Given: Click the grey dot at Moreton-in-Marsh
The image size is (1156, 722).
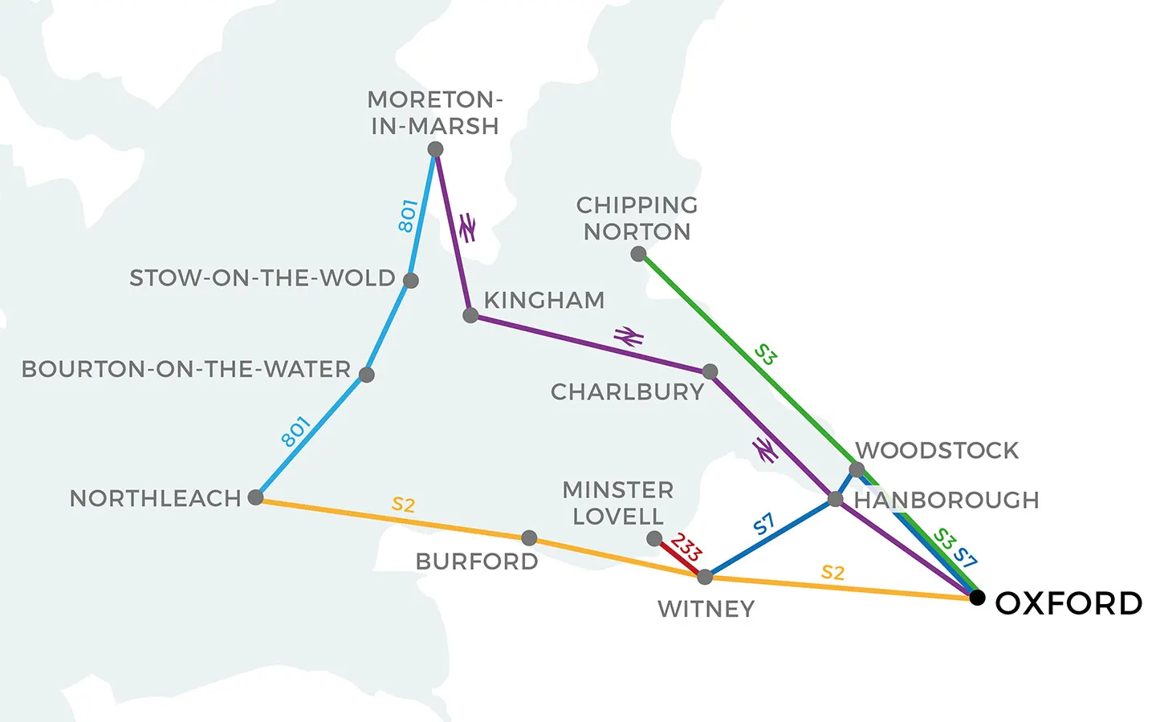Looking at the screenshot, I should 435,149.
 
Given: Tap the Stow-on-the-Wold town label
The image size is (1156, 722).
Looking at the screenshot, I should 263,278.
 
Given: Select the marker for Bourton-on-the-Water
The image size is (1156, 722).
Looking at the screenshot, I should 367,375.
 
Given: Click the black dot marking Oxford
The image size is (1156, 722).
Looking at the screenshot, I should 977,598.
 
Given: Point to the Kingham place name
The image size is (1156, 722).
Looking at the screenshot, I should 544,300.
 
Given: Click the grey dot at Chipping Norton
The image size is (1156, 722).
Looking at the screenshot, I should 638,254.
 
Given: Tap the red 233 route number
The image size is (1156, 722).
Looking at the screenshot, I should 686,548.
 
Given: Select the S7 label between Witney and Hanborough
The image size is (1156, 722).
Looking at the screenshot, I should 764,525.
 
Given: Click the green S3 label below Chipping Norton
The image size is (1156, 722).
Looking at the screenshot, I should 766,355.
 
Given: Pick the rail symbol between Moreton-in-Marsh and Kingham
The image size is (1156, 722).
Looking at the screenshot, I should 466,228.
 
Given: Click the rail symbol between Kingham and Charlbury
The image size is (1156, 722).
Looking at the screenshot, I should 629,337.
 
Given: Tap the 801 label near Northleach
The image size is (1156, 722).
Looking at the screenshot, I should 295,432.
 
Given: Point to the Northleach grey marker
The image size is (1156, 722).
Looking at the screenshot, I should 255,497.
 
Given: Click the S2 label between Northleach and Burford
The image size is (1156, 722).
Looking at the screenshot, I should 403,505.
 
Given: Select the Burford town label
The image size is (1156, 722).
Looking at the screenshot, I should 477,562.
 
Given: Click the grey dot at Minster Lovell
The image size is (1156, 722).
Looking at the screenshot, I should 654,539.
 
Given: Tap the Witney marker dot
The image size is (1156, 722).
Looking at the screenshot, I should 705,577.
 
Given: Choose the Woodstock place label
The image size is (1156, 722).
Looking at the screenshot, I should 937,451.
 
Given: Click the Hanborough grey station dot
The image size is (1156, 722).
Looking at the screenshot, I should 835,500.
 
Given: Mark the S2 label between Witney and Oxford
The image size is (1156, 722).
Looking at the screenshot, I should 833,573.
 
